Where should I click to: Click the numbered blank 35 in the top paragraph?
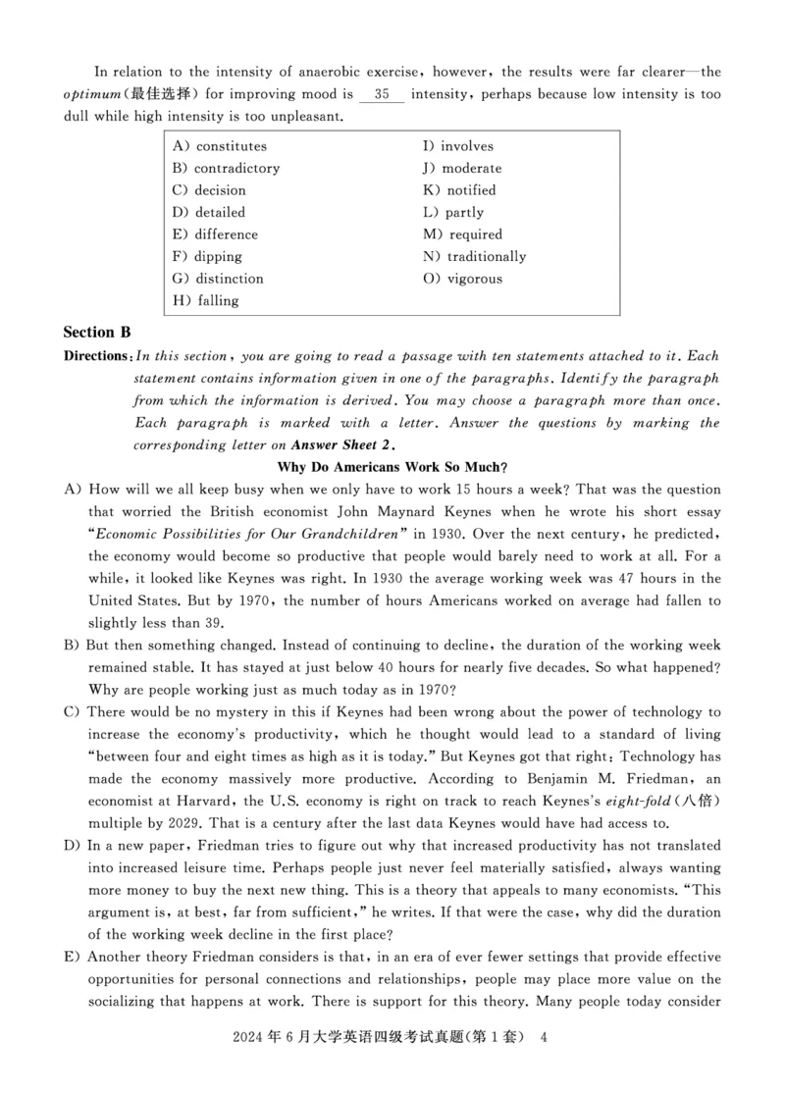pos(382,95)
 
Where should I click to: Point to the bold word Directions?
pos(96,356)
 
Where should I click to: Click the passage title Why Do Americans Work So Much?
pos(392,466)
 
